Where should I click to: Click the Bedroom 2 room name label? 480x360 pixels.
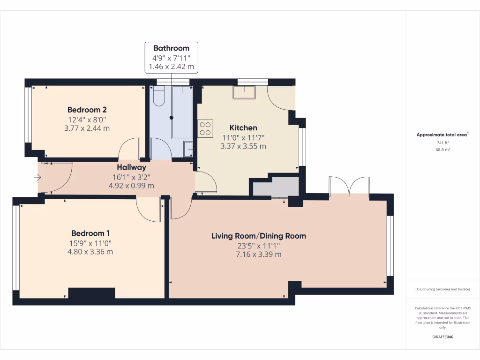tap(87, 110)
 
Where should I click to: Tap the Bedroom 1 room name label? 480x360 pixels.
tap(90, 233)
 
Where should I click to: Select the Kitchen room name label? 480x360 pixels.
tap(243, 127)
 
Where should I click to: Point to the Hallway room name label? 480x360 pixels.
tap(131, 167)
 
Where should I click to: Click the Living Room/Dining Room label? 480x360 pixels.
tap(259, 236)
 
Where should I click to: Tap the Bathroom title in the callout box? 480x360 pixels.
tap(172, 48)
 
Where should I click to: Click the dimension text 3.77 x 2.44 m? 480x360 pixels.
tap(87, 128)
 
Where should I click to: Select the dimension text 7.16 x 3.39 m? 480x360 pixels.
tap(259, 255)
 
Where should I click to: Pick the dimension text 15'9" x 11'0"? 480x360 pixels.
tap(90, 243)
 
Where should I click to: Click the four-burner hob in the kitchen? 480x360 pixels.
tap(205, 128)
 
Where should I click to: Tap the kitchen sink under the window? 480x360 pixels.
tap(244, 92)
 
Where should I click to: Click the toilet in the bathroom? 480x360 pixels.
tap(158, 96)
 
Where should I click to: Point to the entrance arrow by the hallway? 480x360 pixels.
tap(37, 177)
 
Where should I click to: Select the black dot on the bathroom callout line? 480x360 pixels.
tap(172, 118)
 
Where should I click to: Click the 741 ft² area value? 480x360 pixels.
tap(442, 142)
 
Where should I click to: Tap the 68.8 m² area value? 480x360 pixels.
tap(442, 150)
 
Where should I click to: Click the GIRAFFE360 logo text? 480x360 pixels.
tap(442, 337)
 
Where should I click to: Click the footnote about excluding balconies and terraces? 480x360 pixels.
tap(442, 289)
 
